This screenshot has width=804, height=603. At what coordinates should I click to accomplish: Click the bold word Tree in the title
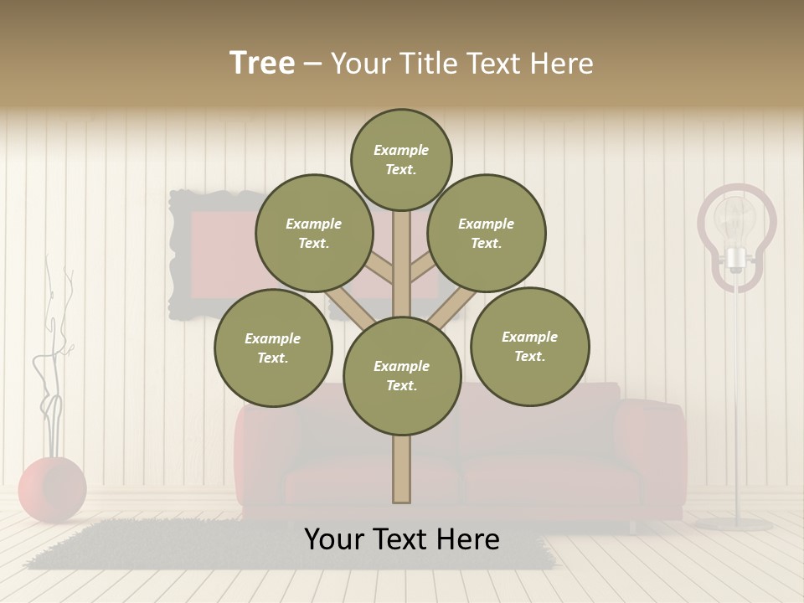[x=262, y=63]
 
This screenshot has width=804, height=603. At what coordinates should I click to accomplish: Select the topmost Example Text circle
[x=401, y=159]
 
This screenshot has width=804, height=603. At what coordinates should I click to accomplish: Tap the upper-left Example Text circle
[x=313, y=234]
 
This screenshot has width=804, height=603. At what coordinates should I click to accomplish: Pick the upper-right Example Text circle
[x=487, y=234]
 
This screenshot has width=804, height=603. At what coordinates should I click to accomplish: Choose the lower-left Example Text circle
[x=273, y=348]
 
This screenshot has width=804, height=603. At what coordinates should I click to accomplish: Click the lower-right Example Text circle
[x=529, y=346]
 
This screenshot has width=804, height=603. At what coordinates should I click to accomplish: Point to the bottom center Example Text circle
[x=402, y=375]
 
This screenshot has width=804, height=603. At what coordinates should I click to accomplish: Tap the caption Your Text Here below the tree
[x=402, y=540]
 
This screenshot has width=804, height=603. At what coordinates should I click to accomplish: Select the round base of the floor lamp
[x=735, y=524]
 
